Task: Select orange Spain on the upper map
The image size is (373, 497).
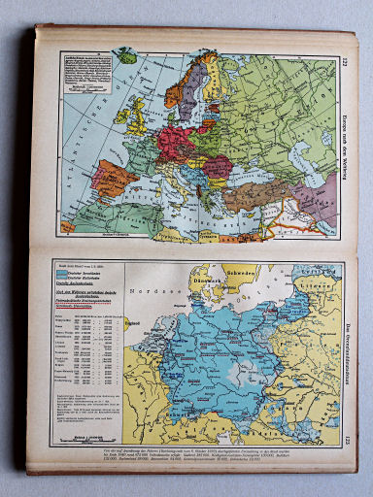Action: pos(115,181)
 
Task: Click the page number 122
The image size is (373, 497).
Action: pos(346,64)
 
